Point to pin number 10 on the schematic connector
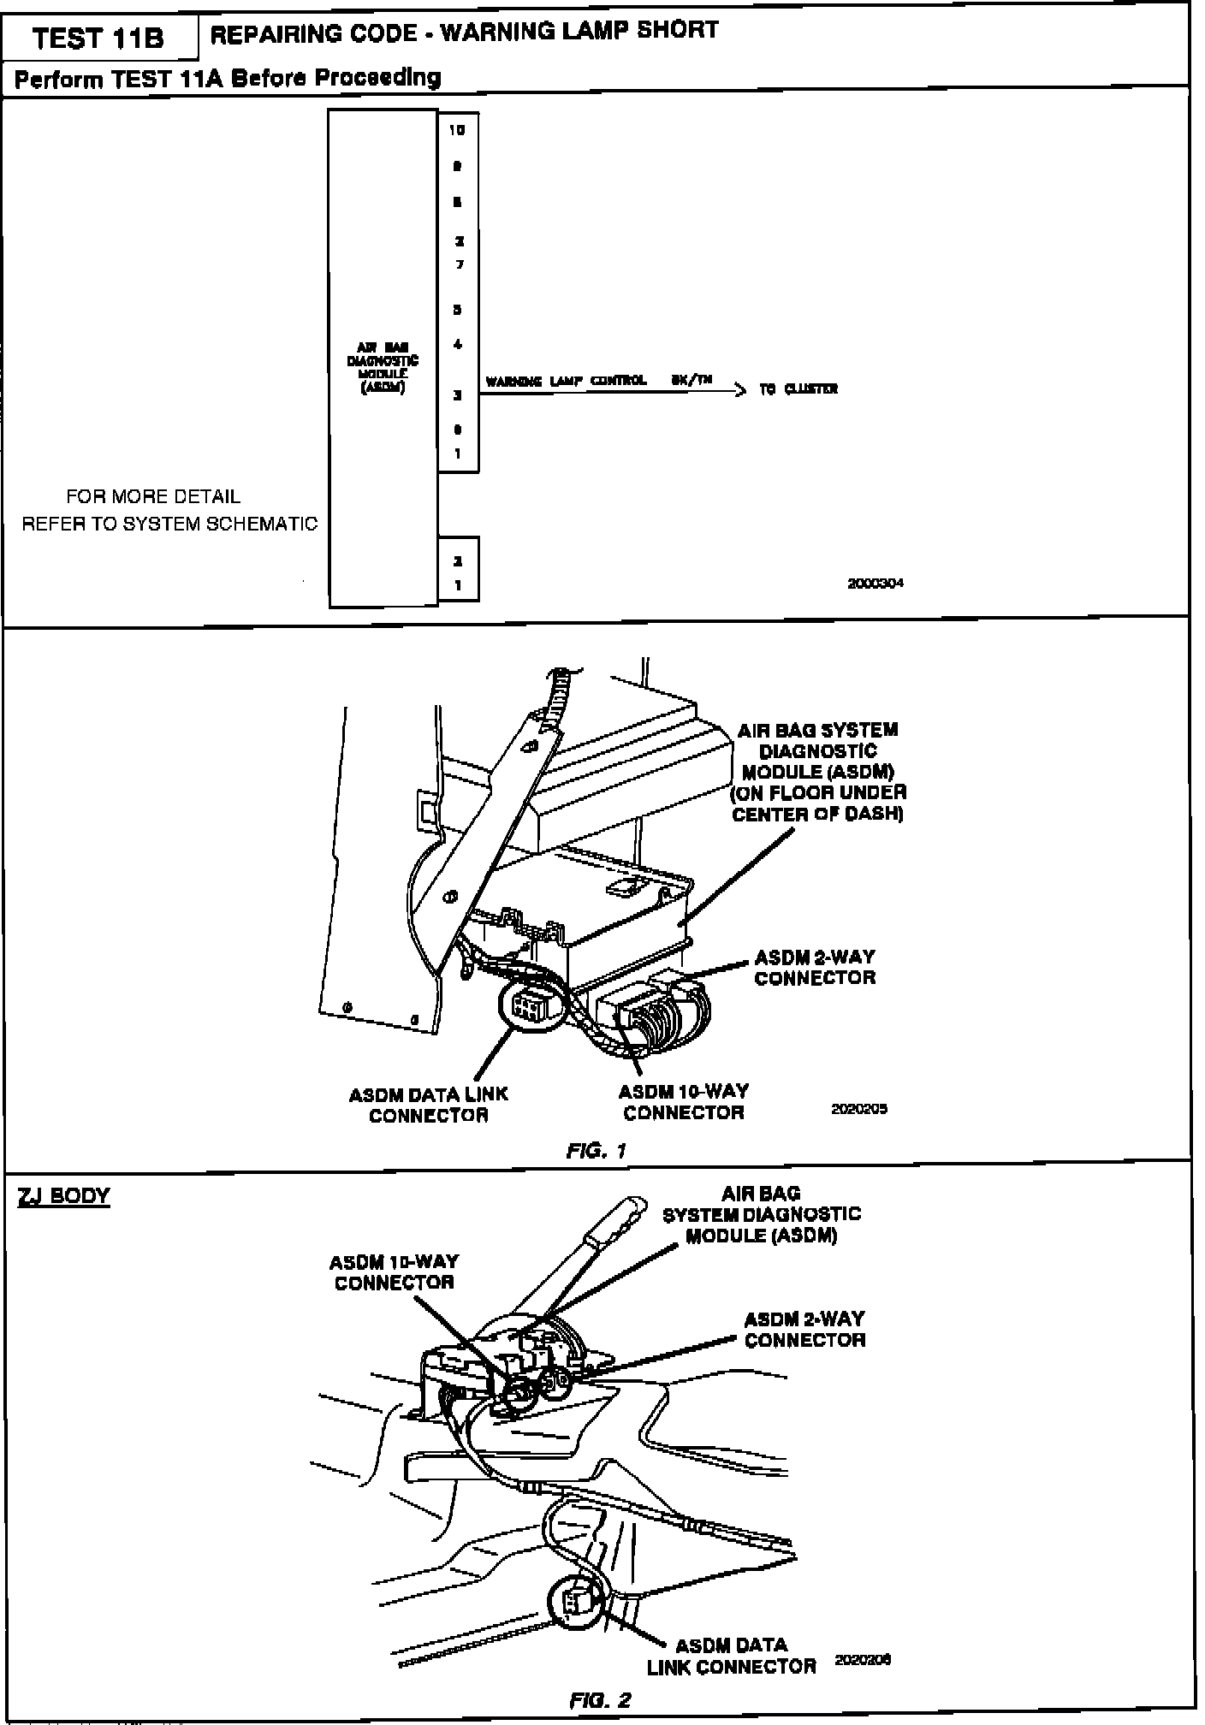point(458,130)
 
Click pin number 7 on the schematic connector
point(459,264)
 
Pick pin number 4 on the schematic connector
point(459,345)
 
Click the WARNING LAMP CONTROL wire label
point(566,381)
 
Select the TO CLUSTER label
point(798,389)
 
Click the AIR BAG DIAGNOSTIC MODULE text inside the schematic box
point(383,367)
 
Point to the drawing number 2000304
point(875,584)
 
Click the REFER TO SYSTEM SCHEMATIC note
point(169,524)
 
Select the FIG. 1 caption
point(597,1151)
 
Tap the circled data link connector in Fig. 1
point(528,1007)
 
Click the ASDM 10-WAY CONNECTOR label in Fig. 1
point(683,1102)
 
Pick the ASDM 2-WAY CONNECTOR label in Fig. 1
point(814,967)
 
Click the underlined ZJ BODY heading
point(64,1195)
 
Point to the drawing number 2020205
point(859,1108)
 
